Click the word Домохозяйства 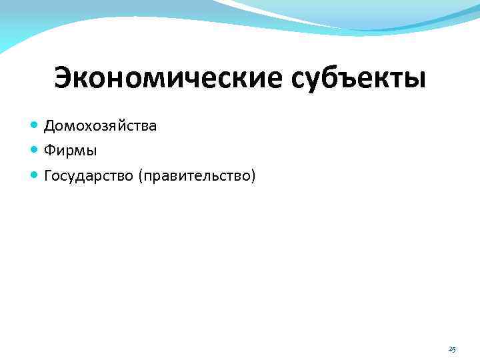[x=101, y=126]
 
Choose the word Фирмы [x=71, y=151]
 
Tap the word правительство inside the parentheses [x=196, y=177]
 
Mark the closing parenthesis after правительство [x=253, y=177]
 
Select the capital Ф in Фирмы [x=50, y=151]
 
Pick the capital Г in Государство [x=49, y=176]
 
